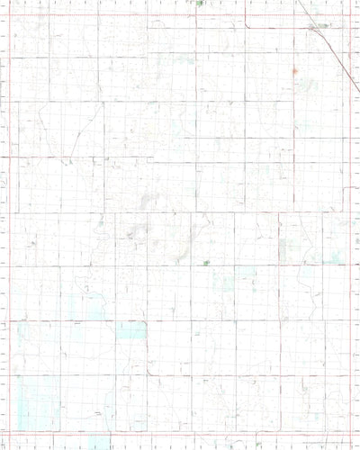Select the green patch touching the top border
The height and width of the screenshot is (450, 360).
point(199,3)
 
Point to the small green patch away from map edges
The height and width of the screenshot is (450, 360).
point(207,263)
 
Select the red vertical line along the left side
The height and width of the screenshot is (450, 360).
point(8,225)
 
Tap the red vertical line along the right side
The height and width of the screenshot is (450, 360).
point(349,270)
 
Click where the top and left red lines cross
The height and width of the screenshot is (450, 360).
point(8,15)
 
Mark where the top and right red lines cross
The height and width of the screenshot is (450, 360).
point(349,15)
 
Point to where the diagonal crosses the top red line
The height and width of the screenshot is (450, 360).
point(306,15)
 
